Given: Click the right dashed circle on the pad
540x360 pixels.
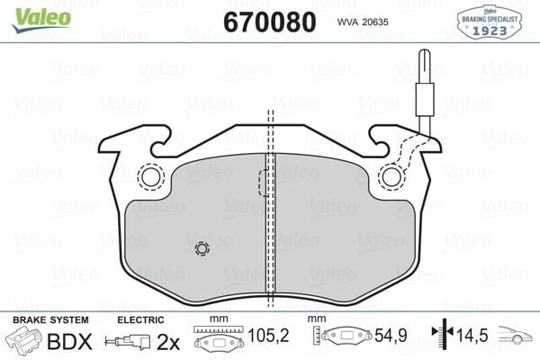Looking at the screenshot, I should coord(391,177).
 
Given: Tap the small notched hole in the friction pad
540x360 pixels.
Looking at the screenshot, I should coord(201,249).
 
